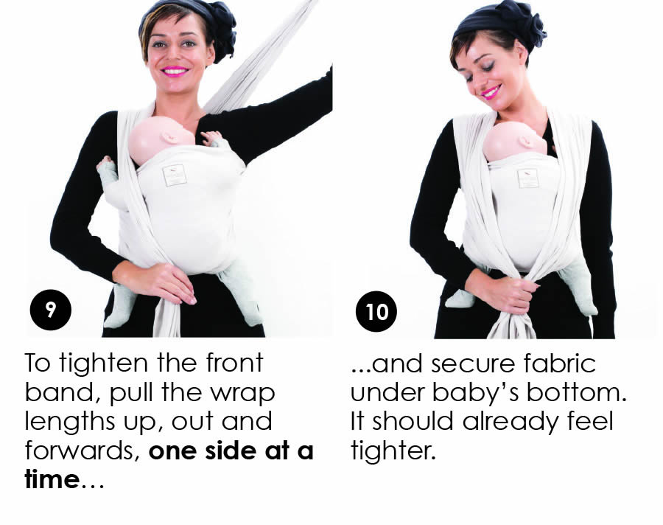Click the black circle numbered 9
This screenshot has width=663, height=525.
[x=50, y=310]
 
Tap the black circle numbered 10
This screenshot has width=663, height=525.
[x=376, y=312]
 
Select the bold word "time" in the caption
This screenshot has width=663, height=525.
[x=52, y=479]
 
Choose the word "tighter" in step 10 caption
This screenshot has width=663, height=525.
[x=393, y=451]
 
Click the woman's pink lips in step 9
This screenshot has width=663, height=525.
[x=175, y=71]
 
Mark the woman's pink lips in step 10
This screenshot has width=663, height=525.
[x=491, y=91]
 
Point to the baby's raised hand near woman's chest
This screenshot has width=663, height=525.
[x=214, y=139]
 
